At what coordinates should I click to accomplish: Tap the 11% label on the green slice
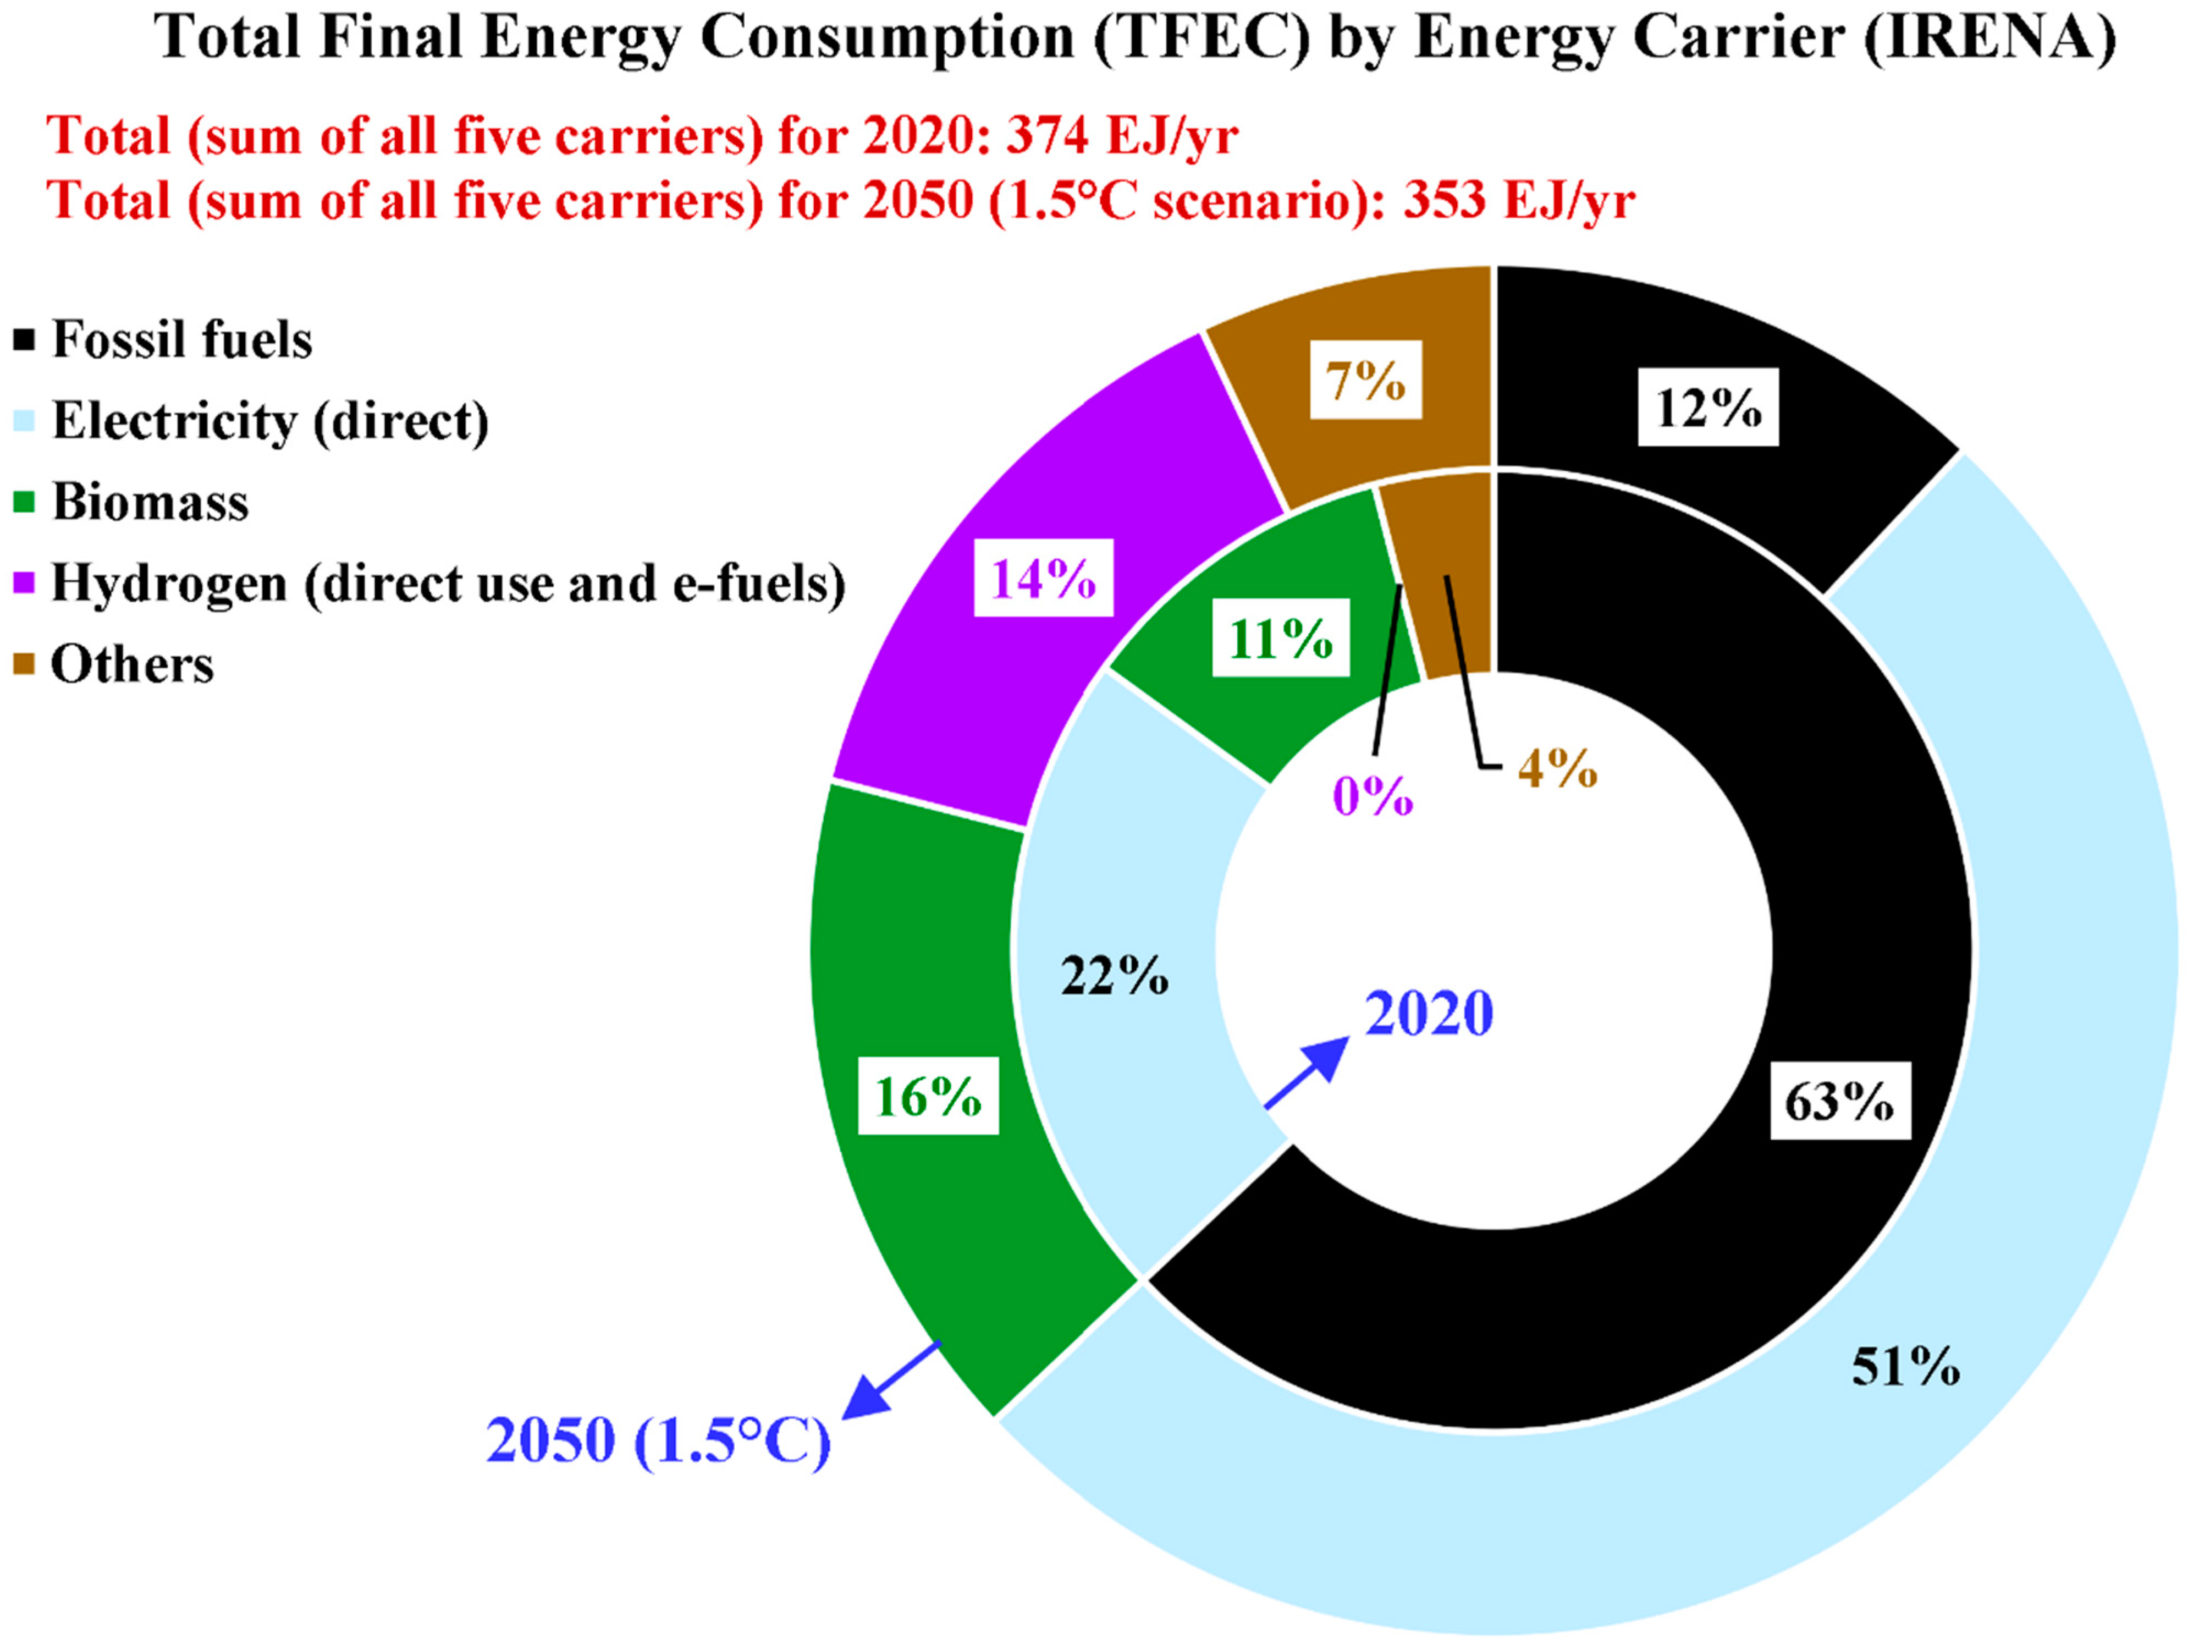(x=1281, y=639)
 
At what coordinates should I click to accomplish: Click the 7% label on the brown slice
(x=1366, y=380)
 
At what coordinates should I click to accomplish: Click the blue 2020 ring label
(x=1429, y=1014)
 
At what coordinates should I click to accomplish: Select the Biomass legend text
(x=150, y=503)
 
